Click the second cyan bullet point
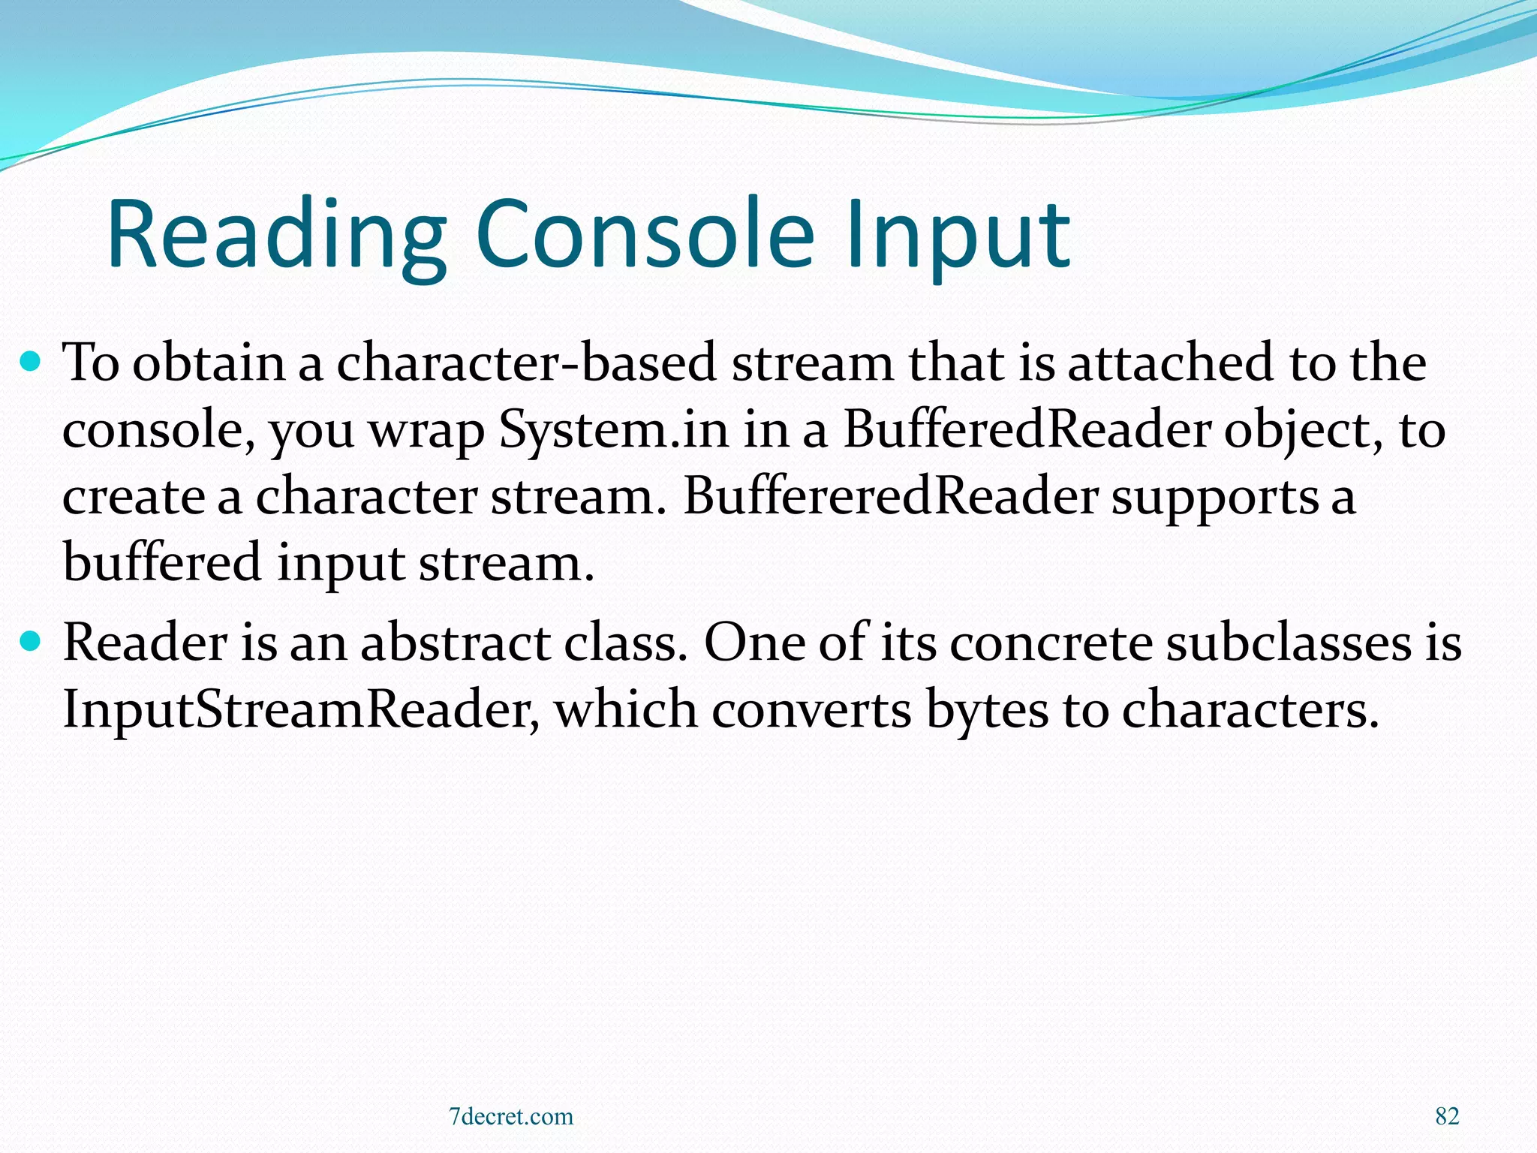(31, 643)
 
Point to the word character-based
(526, 363)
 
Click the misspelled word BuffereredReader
(890, 496)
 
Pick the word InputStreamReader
(300, 709)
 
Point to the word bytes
(986, 709)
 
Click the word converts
(811, 709)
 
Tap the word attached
(1170, 363)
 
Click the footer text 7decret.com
(510, 1116)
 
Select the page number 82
(1447, 1116)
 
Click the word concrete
(1050, 643)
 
